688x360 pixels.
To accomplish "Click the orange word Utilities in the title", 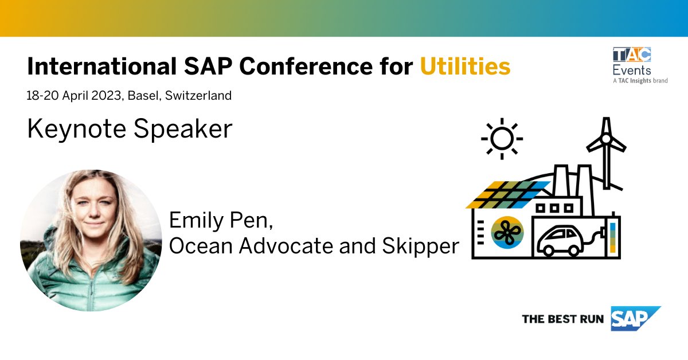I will (x=465, y=67).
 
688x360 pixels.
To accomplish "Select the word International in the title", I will (x=99, y=67).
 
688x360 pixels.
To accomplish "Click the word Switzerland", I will (x=198, y=96).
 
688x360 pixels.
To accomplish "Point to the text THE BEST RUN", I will (x=562, y=319).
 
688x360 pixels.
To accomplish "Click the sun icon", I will (x=502, y=139).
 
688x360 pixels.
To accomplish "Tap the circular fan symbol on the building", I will (x=507, y=232).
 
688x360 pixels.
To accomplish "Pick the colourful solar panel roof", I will (x=508, y=194).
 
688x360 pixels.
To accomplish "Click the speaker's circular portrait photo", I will (x=91, y=240).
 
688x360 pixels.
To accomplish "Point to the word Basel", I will (x=144, y=96).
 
